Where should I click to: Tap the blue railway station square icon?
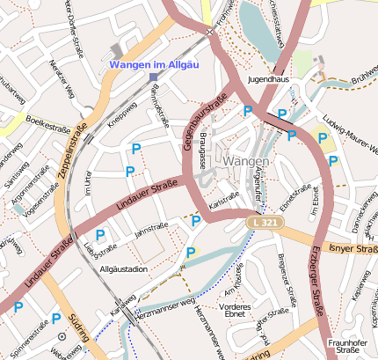pyautogui.click(x=153, y=77)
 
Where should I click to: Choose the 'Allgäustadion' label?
pyautogui.click(x=124, y=268)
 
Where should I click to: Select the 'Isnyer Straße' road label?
pyautogui.click(x=353, y=249)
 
